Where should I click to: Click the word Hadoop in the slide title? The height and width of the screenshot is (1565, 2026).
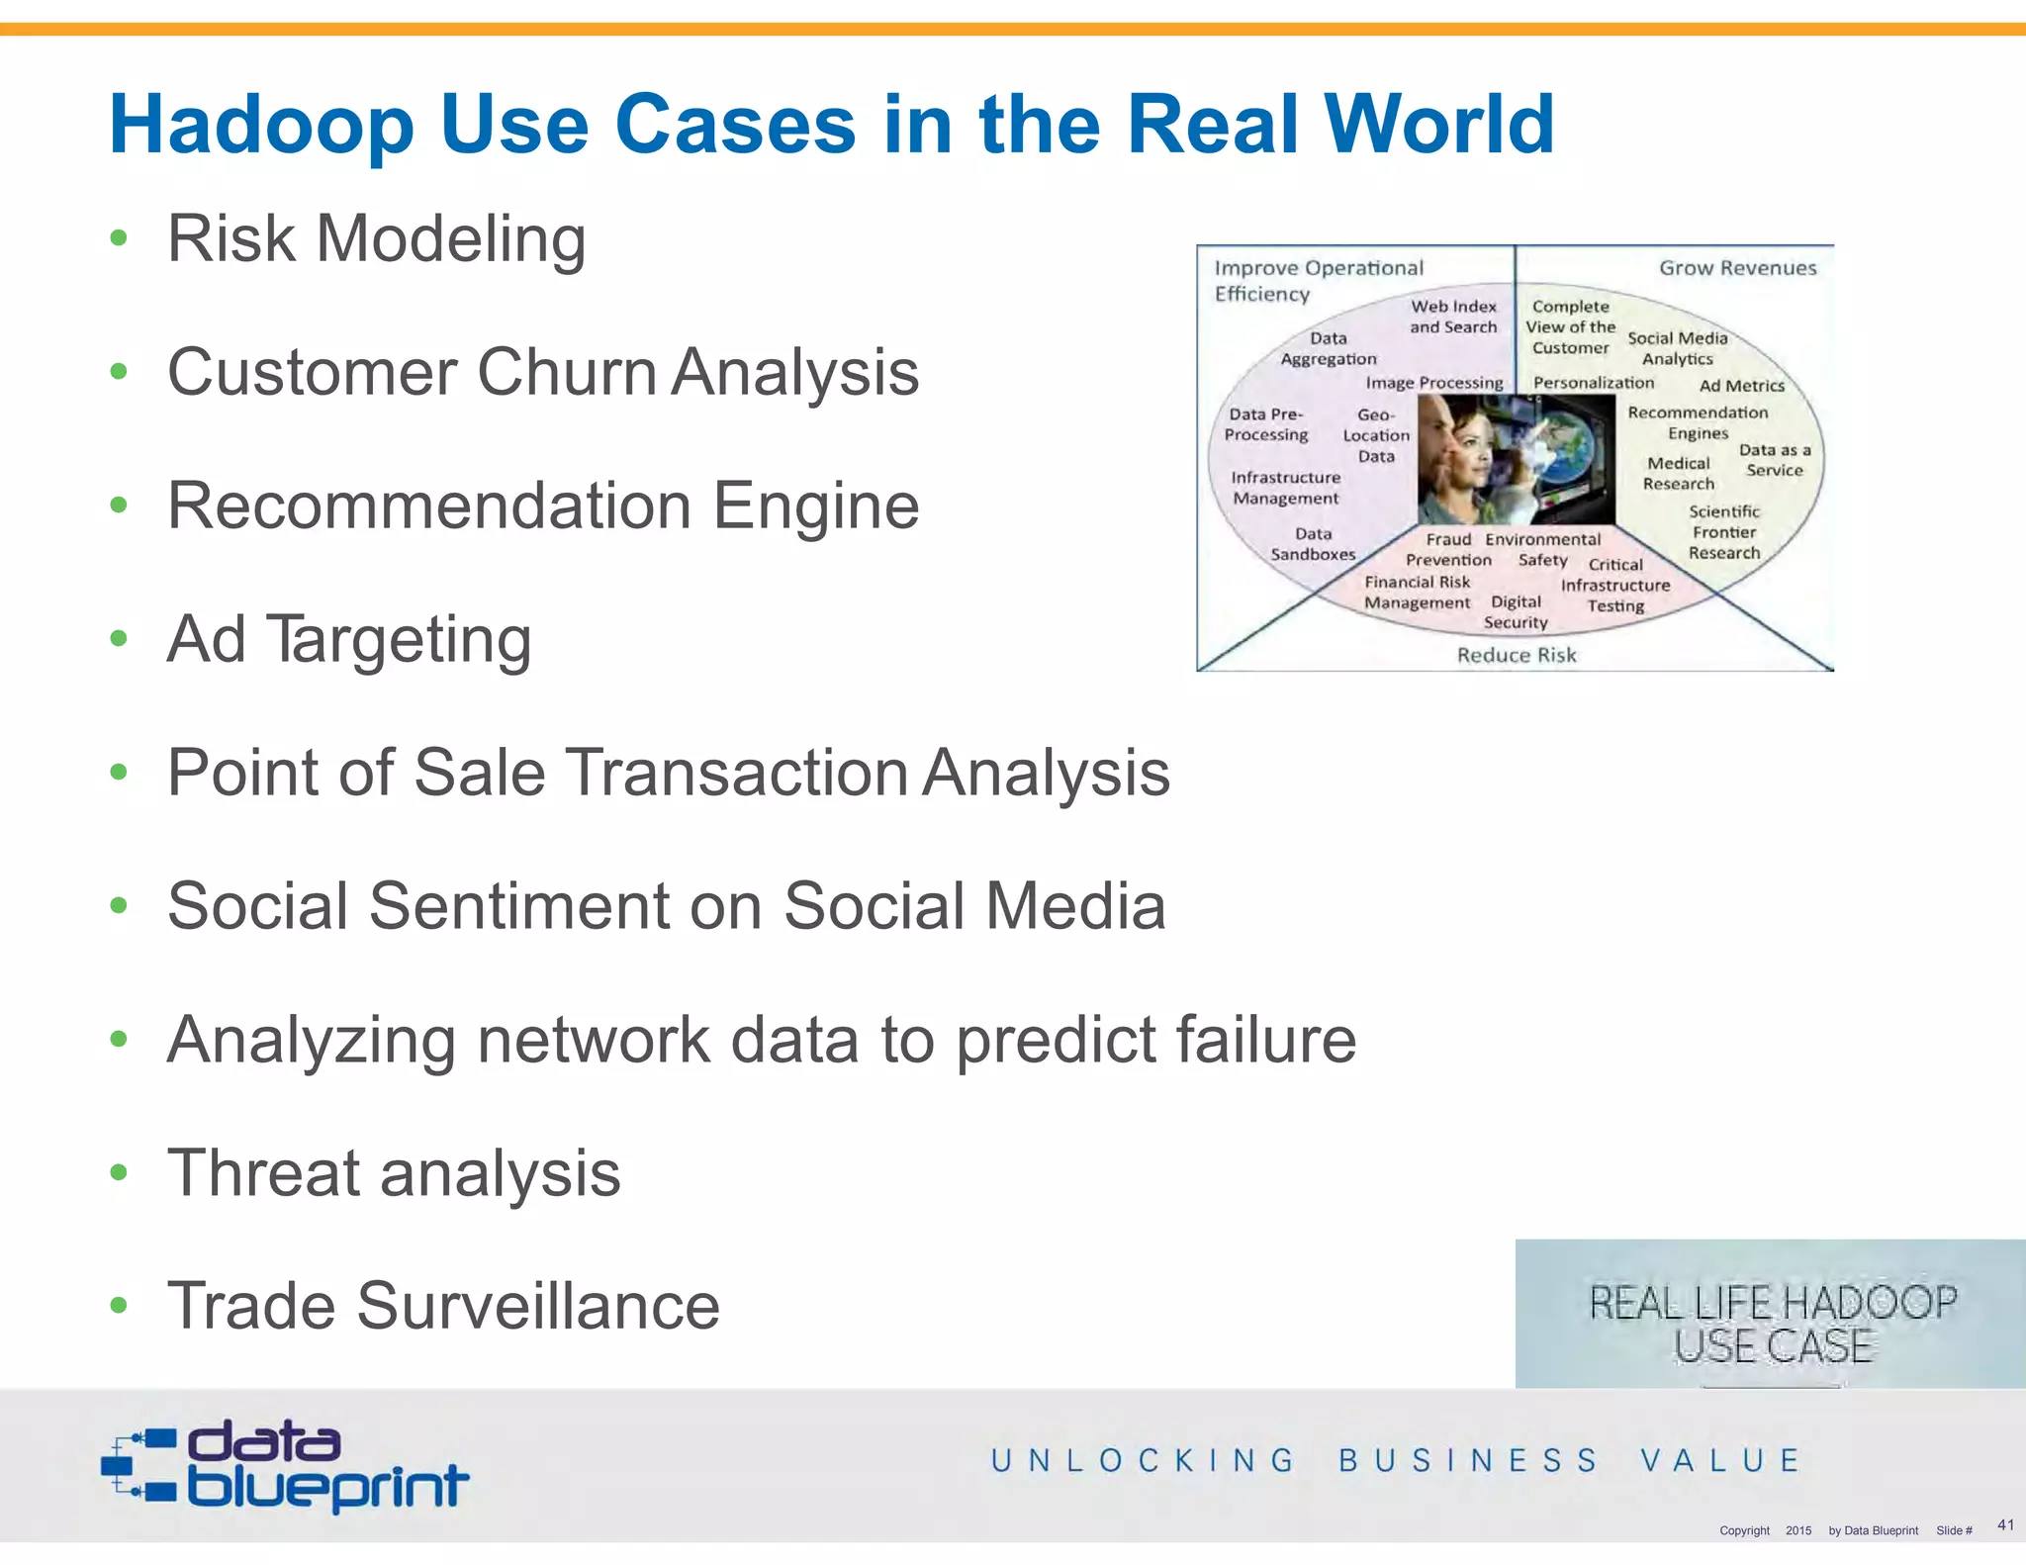[x=261, y=125]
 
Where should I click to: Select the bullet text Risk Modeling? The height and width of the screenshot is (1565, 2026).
[x=376, y=239]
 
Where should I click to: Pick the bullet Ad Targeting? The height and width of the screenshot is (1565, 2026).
[x=349, y=639]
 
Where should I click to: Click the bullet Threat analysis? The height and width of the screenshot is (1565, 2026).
[x=394, y=1173]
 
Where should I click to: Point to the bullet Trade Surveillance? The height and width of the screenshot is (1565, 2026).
[x=443, y=1306]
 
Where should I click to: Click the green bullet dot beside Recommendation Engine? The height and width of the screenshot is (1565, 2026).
[x=119, y=506]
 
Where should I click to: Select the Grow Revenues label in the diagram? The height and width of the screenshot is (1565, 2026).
[x=1737, y=268]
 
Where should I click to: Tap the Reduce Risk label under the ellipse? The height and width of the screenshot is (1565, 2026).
[x=1516, y=655]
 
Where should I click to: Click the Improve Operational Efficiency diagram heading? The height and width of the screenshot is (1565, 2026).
[x=1317, y=281]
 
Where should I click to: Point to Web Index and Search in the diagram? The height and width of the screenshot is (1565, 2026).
[x=1453, y=317]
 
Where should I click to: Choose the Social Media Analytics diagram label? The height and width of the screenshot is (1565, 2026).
[x=1678, y=348]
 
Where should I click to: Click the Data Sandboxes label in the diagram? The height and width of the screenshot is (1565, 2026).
[x=1313, y=544]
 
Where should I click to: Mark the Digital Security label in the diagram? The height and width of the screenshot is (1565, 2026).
[x=1516, y=612]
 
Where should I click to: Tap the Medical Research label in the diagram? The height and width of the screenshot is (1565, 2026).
[x=1679, y=473]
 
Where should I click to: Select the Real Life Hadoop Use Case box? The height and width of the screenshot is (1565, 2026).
[x=1771, y=1314]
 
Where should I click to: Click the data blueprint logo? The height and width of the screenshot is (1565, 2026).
[x=285, y=1465]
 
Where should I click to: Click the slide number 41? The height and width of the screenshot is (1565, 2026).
[x=2005, y=1524]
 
